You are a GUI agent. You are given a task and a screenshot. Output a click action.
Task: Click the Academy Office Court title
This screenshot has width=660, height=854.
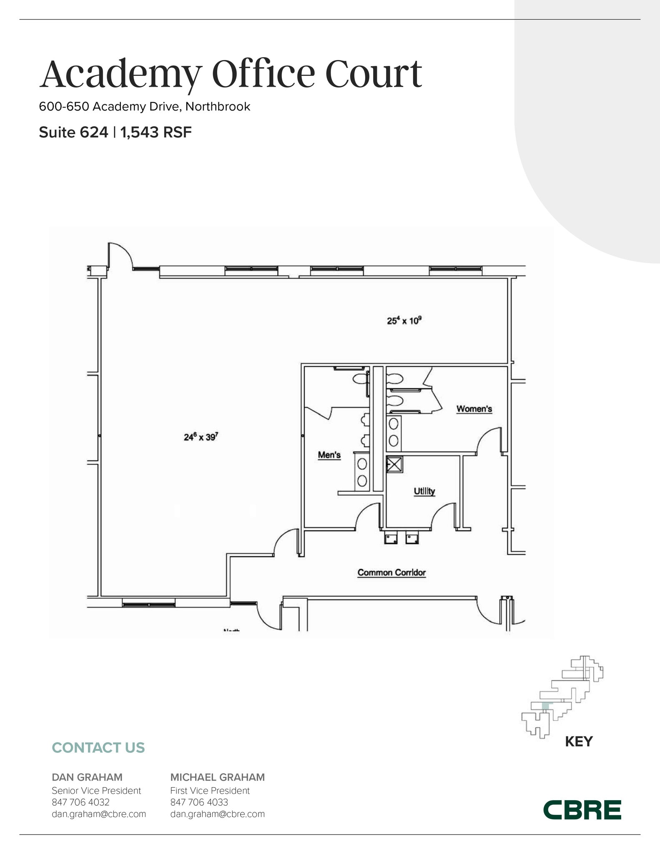click(x=231, y=74)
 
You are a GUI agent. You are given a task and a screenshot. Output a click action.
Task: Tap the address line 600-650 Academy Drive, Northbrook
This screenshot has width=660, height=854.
click(x=144, y=107)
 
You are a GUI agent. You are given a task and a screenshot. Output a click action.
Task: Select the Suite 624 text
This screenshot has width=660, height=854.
click(x=73, y=133)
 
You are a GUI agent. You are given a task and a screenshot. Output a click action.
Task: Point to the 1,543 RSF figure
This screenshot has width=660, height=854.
click(x=156, y=133)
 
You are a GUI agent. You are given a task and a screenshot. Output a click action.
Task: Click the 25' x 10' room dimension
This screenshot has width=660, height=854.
click(x=404, y=321)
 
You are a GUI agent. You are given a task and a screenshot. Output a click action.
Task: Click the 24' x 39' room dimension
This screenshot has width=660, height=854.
click(x=201, y=437)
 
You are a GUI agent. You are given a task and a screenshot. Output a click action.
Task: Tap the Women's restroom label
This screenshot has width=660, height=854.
click(x=474, y=409)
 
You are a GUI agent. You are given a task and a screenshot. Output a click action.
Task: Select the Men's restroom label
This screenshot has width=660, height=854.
click(x=329, y=455)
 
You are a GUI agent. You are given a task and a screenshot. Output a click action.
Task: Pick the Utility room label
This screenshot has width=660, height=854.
click(x=424, y=491)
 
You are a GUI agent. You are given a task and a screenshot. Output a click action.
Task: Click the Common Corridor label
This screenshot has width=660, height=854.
click(x=391, y=573)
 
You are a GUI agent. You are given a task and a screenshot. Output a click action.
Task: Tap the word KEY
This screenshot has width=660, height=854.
click(x=579, y=741)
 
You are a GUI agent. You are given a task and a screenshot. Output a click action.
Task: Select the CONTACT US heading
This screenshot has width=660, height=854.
click(x=98, y=748)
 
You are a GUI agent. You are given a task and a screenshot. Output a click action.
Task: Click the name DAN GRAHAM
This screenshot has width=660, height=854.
click(x=87, y=777)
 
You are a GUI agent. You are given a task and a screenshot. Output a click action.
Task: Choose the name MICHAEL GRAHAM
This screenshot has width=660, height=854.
click(x=217, y=777)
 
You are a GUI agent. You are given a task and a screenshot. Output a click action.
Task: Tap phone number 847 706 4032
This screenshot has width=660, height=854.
click(x=80, y=802)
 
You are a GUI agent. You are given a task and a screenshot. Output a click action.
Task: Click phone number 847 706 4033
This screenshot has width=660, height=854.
click(x=199, y=802)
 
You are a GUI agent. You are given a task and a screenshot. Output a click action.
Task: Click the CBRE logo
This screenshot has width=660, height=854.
click(x=582, y=810)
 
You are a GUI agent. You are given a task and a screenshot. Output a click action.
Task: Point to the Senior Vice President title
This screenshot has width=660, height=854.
click(x=96, y=791)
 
